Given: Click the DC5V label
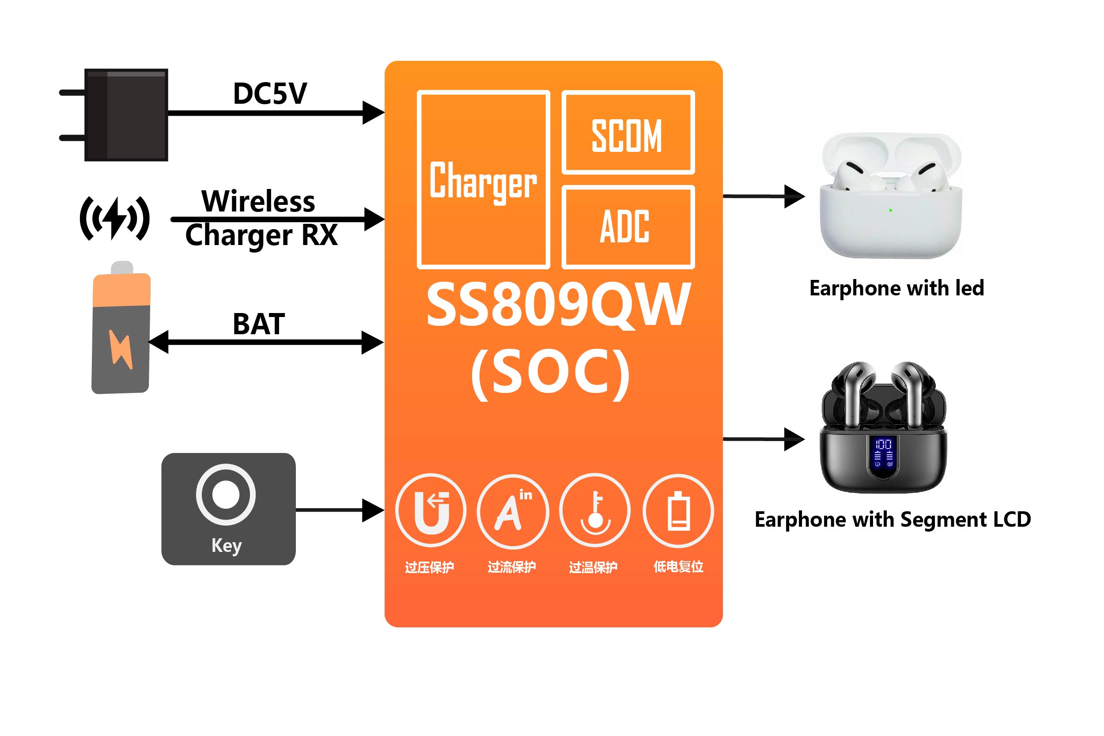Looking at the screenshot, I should point(270,94).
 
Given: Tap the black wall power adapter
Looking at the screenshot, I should point(126,115).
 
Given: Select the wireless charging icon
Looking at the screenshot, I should point(114,218).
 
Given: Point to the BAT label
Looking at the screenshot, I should point(259,324).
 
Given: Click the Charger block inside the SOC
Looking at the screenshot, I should point(483,179).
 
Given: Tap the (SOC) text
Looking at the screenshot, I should point(551,374).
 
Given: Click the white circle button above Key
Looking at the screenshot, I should point(226,494).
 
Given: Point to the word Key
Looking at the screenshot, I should point(227,545).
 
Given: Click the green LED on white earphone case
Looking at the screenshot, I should point(890,210).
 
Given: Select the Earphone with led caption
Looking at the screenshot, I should point(896,288).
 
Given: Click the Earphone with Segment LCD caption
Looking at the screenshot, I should point(893,520).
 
